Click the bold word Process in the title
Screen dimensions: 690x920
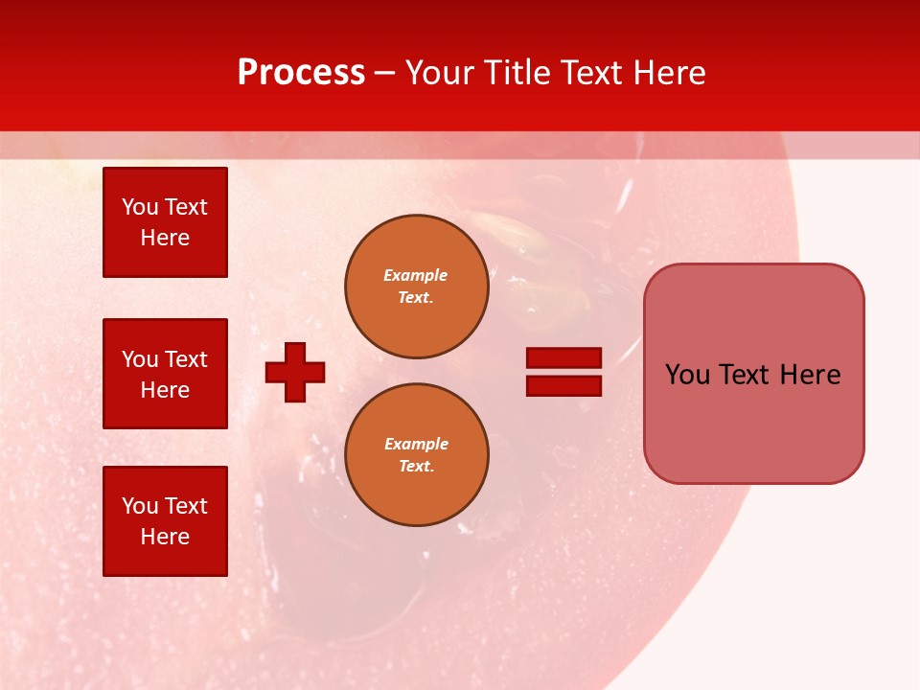tap(301, 73)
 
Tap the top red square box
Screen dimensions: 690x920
tap(165, 222)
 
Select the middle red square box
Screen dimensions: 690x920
tap(165, 374)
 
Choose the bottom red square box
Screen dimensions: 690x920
tap(165, 521)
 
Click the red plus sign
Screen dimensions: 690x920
tap(295, 372)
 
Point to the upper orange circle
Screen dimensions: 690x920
tap(416, 286)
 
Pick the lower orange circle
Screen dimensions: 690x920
tap(416, 454)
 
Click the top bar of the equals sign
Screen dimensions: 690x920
tap(563, 358)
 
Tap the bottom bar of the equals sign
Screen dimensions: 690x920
tap(563, 386)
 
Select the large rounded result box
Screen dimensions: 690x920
tap(753, 373)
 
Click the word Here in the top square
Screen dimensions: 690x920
tap(165, 238)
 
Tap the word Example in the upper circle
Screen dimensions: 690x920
tap(415, 275)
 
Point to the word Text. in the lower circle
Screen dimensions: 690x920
tap(416, 466)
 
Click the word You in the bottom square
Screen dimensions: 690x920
tap(140, 506)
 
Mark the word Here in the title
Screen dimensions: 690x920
tap(665, 73)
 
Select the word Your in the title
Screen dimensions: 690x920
tap(440, 73)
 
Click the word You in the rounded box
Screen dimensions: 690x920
tap(687, 375)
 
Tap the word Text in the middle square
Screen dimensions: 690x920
tap(186, 359)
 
